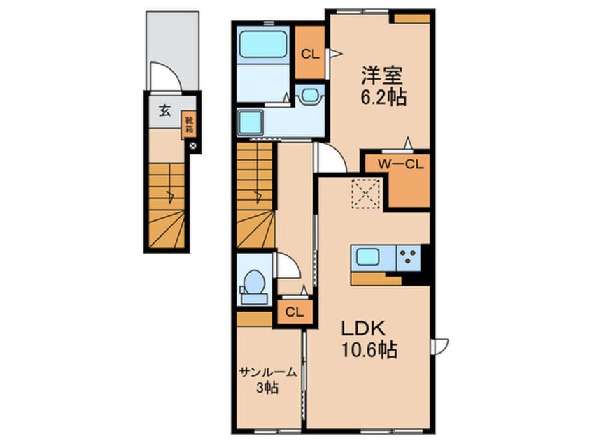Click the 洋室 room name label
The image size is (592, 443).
pos(382,75)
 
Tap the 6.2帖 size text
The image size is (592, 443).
pos(383,98)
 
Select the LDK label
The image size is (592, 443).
pos(363,329)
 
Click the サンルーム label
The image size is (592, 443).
pos(267,372)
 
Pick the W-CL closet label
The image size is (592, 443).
pos(401,165)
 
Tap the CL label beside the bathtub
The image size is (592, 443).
pos(310,55)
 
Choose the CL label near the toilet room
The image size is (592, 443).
pos(295,312)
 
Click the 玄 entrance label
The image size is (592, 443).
pos(164,111)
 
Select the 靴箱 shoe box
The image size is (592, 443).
pos(189,125)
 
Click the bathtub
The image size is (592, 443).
pos(263,44)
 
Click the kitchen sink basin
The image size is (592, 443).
pos(368,257)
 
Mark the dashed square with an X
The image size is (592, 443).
pos(365,194)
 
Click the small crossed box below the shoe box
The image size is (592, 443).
pos(193,145)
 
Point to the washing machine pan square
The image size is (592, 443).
pos(250,122)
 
